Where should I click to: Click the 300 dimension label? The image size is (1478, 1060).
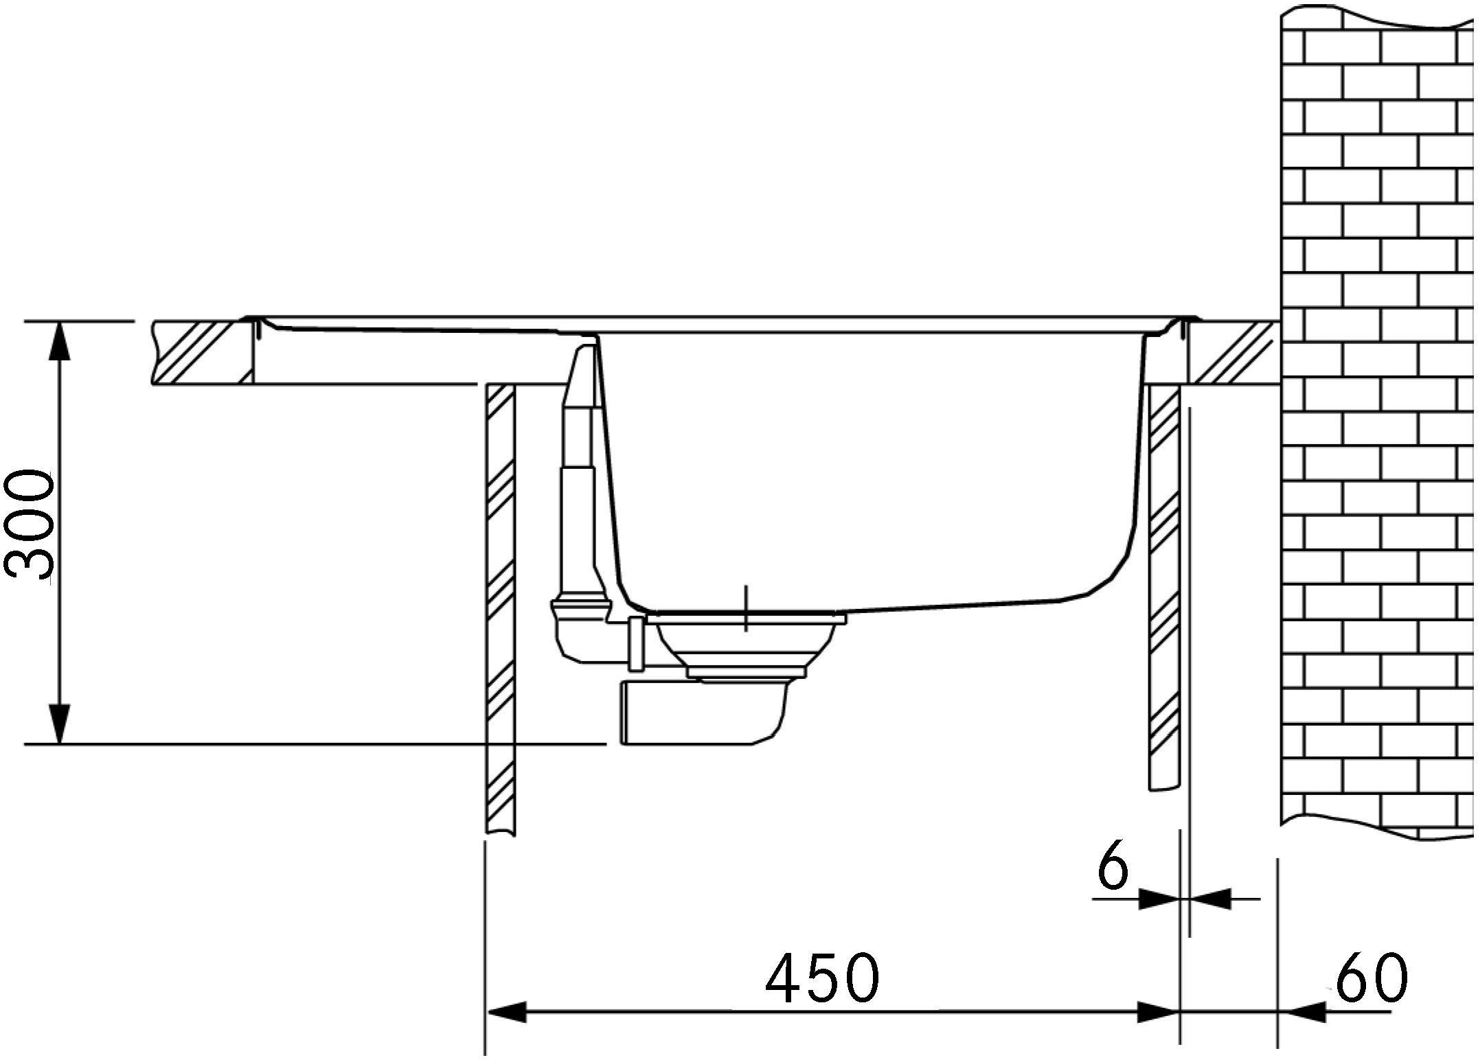coord(29,525)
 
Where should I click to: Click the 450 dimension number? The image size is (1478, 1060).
coord(822,977)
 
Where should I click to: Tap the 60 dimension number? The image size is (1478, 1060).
coord(1371,977)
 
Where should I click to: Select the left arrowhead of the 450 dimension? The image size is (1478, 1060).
coord(507,1012)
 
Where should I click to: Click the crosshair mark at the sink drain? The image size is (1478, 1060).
coord(746,609)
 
